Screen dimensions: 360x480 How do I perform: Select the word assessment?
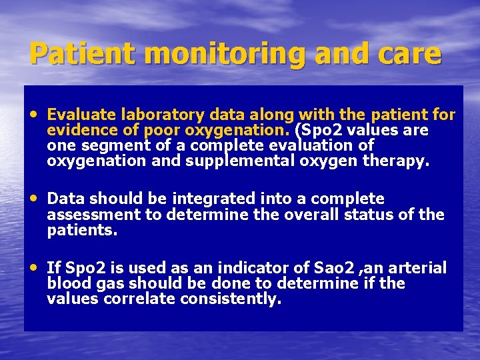(94, 215)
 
